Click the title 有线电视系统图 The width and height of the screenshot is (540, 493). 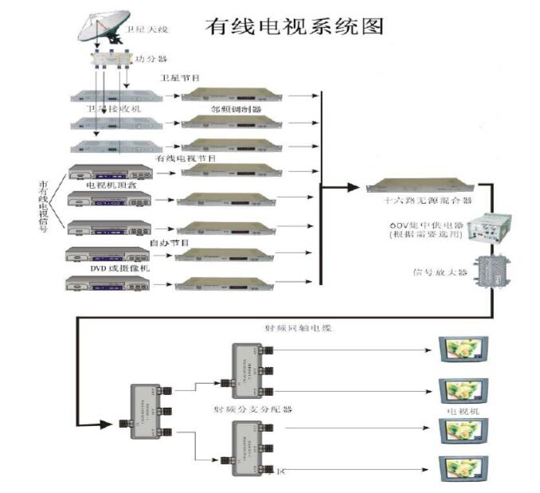pyautogui.click(x=294, y=25)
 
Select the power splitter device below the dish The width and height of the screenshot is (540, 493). pyautogui.click(x=108, y=59)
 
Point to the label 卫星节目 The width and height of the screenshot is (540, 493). pyautogui.click(x=180, y=78)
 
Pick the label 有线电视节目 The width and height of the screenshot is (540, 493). pyautogui.click(x=185, y=158)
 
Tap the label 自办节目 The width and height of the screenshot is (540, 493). pyautogui.click(x=169, y=241)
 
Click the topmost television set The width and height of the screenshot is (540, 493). pyautogui.click(x=462, y=349)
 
